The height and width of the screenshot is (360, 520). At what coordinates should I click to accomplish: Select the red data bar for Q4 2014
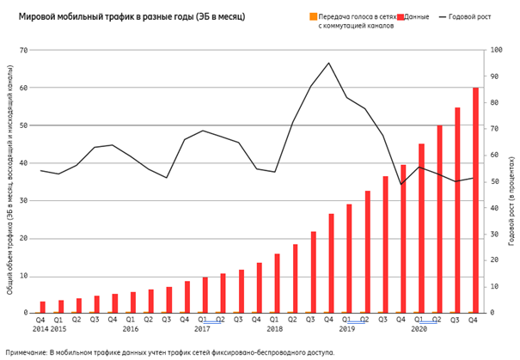[x=43, y=307]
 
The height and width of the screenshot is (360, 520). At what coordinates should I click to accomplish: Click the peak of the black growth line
[x=328, y=63]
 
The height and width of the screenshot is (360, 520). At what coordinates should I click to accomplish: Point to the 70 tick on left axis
[x=24, y=50]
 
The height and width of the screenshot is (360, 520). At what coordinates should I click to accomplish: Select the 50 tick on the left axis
[x=24, y=125]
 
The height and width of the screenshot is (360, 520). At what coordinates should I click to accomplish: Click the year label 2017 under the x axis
[x=202, y=329]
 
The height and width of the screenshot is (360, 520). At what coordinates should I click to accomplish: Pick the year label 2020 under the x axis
[x=419, y=329]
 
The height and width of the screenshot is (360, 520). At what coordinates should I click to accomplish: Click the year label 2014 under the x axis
[x=40, y=329]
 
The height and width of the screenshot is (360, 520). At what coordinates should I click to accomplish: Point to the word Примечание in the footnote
[x=27, y=352]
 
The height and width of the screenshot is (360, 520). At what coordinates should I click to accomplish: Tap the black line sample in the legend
[x=444, y=16]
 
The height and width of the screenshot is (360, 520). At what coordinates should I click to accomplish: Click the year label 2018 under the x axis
[x=274, y=329]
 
